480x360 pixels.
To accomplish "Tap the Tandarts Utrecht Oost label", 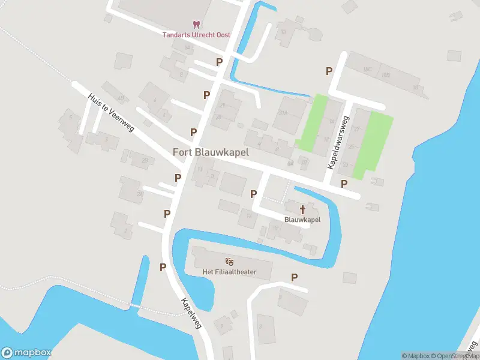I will (196, 35).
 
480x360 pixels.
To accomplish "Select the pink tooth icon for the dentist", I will (196, 25).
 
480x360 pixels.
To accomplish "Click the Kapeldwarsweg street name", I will (338, 142).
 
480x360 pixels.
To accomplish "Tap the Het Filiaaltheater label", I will (229, 272).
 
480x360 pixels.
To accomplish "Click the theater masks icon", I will (229, 262).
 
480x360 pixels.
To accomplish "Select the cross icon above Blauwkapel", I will (302, 209).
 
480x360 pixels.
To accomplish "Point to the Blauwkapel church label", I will (302, 220).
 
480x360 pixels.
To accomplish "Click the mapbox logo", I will (26, 353).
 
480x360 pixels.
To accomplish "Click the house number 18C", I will (367, 70).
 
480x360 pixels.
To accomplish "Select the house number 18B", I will (385, 75).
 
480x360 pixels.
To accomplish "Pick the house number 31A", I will (283, 112).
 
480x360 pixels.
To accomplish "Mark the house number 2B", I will (145, 161).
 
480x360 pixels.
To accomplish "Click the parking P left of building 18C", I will (329, 71).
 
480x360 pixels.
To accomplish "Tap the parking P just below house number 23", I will (344, 184).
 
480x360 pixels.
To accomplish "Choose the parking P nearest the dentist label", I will (220, 62).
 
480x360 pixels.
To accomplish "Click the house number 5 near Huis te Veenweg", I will (71, 117).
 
